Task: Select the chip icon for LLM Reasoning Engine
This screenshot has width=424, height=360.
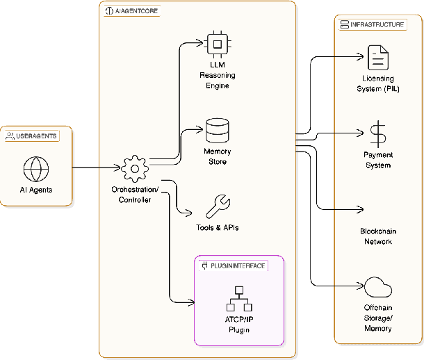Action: tap(218, 44)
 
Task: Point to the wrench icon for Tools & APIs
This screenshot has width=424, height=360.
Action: tap(218, 206)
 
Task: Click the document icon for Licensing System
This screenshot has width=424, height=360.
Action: tap(378, 58)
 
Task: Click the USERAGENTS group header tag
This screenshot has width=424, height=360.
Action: tap(31, 136)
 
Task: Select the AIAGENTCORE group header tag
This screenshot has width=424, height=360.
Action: tap(130, 12)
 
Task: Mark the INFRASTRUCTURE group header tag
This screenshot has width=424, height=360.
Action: tap(373, 24)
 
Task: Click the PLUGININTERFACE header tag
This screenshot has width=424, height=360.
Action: tap(233, 265)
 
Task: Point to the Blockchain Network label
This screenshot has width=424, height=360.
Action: tap(378, 236)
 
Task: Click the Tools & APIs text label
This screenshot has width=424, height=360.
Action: tap(218, 228)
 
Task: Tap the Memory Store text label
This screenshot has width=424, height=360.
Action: tap(218, 156)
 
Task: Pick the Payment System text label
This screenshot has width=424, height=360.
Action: tap(378, 160)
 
